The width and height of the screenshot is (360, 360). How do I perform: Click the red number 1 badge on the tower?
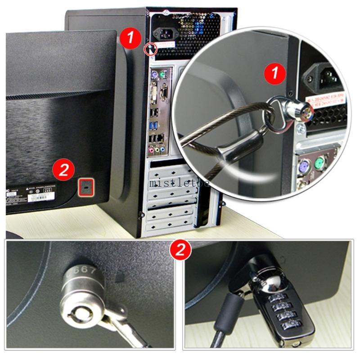coord(131,37)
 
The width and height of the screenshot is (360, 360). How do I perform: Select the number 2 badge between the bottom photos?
coord(180,249)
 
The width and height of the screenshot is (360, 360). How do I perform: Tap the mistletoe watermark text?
coord(180,183)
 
